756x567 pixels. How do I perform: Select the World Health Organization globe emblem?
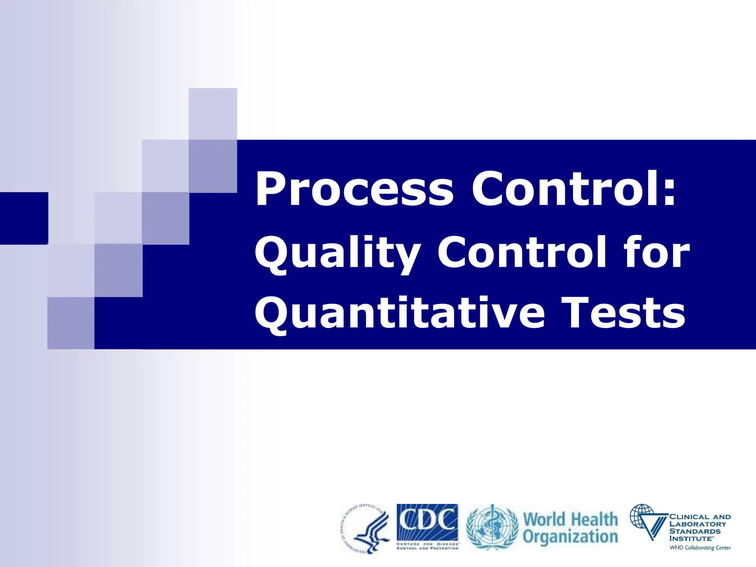click(492, 527)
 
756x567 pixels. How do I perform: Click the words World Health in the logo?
click(570, 519)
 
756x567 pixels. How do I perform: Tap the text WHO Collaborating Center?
click(700, 548)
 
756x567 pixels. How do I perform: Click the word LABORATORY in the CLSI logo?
click(698, 524)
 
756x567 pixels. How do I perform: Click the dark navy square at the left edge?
click(24, 218)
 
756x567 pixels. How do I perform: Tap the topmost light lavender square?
click(213, 114)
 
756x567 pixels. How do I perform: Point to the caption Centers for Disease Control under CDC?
click(427, 546)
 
